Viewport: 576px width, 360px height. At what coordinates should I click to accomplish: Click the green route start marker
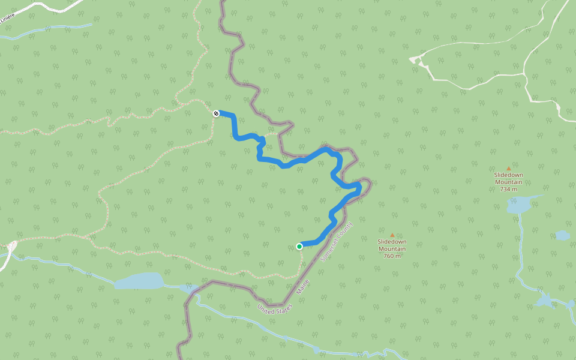[299, 246]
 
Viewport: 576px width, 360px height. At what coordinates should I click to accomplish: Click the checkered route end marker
[217, 113]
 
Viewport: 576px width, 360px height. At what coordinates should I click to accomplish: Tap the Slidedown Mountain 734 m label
[509, 182]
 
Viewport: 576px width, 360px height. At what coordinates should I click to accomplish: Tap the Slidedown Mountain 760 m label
[392, 248]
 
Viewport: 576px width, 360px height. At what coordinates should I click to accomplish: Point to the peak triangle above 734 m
[509, 169]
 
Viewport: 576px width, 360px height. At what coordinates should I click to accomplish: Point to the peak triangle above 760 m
[392, 235]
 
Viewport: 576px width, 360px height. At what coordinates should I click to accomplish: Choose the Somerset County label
[336, 242]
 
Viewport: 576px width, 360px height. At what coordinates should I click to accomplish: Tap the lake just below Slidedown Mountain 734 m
[519, 205]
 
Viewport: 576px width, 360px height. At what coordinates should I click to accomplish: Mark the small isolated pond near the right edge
[562, 235]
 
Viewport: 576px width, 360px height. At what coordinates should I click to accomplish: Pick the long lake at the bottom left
[139, 281]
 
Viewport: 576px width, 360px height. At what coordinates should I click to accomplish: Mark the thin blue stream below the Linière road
[48, 31]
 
